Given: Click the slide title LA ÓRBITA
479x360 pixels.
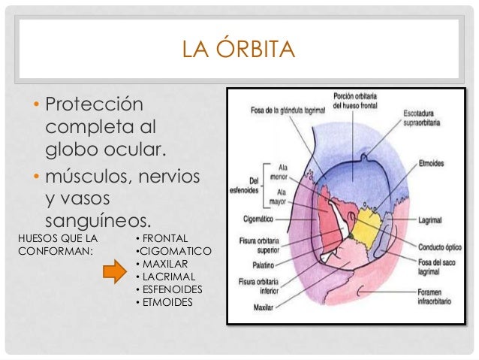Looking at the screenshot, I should (x=239, y=52).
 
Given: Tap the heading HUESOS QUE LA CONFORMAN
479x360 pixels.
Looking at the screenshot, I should (x=57, y=244).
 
